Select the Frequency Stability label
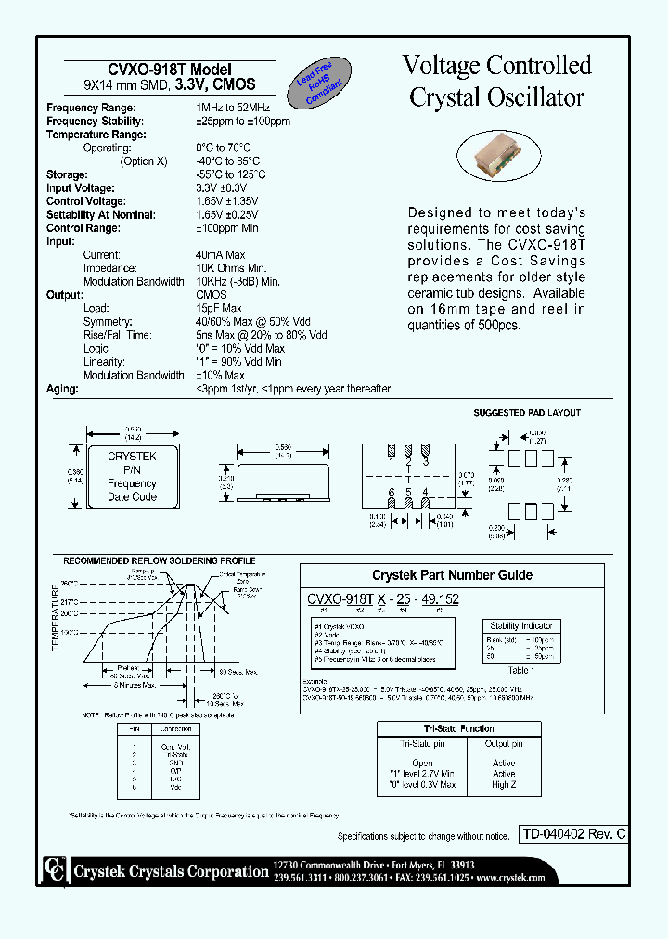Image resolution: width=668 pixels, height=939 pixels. click(x=95, y=122)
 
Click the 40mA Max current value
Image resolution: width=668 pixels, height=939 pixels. click(x=220, y=255)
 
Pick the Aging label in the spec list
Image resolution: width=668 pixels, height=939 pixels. click(x=60, y=389)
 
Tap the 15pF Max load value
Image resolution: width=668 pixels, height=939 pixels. click(x=218, y=308)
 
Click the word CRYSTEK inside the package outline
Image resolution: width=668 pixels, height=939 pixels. click(x=132, y=457)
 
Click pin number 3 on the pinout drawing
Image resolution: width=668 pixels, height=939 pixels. click(x=425, y=461)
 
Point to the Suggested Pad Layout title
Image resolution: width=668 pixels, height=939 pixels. click(x=527, y=413)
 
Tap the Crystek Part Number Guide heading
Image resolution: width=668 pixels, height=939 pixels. click(x=453, y=575)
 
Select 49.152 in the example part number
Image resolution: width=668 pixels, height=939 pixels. click(x=440, y=600)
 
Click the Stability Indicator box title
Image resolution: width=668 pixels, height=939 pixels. click(x=522, y=626)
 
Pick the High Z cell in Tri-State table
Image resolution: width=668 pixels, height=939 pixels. click(x=504, y=785)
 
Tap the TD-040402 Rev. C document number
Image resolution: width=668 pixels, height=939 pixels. click(x=572, y=835)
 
